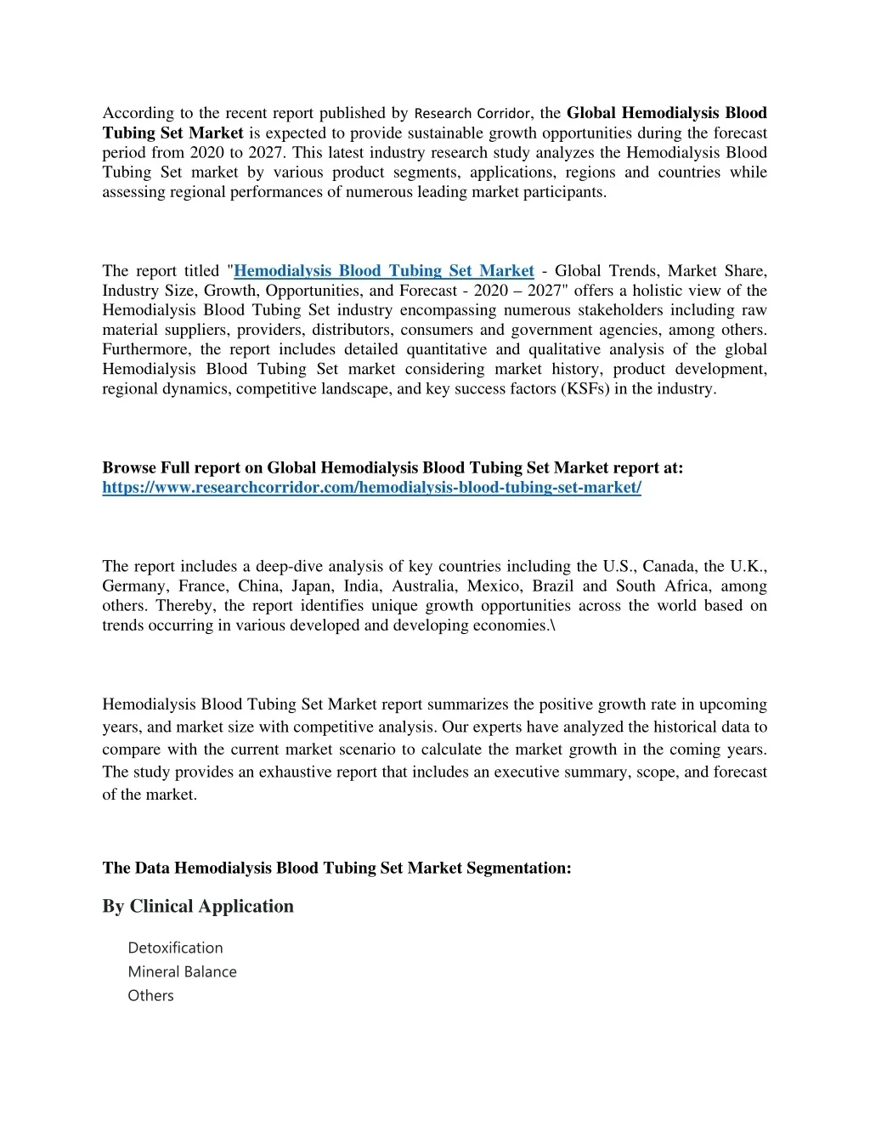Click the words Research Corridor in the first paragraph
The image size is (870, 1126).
(x=472, y=113)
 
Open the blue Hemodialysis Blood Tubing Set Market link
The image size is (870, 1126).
(x=383, y=271)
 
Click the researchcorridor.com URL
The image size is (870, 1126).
(x=371, y=488)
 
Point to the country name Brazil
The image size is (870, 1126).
(x=553, y=586)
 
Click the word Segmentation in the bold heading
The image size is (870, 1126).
(x=517, y=868)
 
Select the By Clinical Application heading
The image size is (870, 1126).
(x=198, y=906)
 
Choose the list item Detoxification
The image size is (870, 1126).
(x=175, y=948)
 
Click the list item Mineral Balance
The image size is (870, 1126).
(x=182, y=971)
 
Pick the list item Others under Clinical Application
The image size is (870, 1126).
(x=150, y=995)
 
